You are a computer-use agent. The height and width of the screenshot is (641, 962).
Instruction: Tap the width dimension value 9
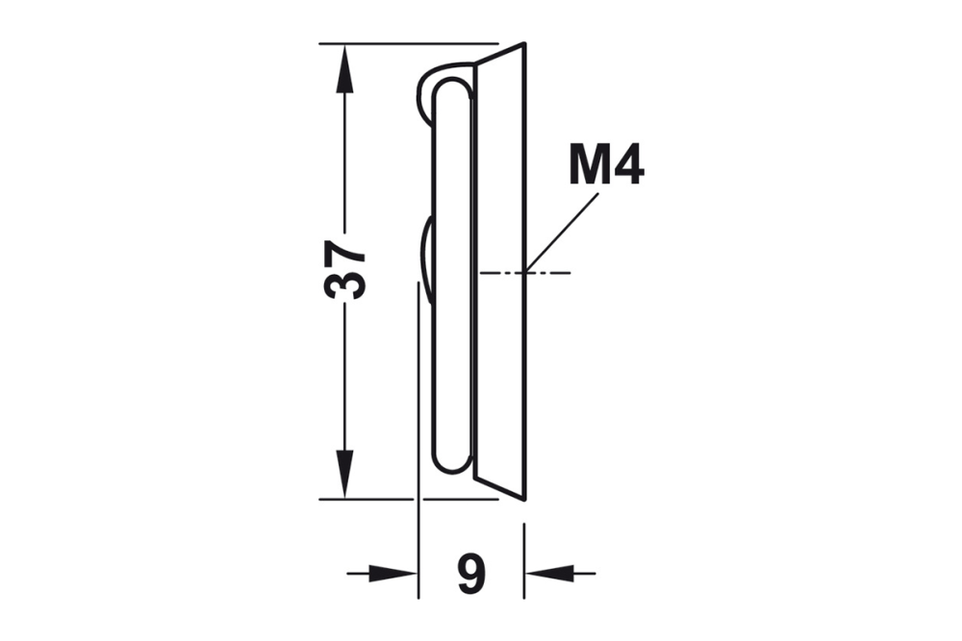(470, 575)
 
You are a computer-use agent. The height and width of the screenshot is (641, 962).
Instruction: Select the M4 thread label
(605, 165)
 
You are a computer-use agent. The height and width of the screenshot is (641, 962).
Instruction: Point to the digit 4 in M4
(626, 165)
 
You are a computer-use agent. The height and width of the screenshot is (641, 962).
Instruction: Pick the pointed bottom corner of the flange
(523, 497)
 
